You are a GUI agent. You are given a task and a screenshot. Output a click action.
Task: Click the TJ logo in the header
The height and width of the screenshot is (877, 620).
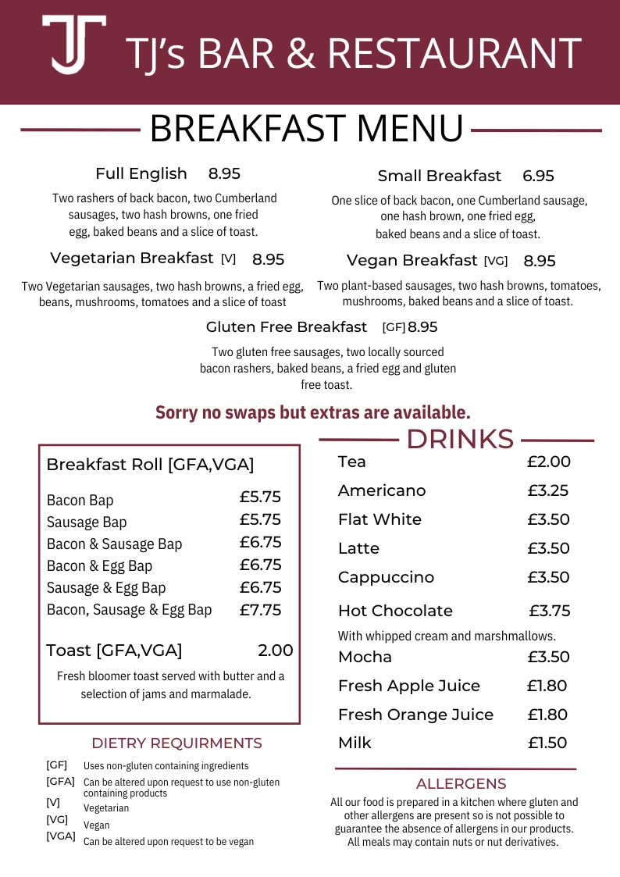pos(74,45)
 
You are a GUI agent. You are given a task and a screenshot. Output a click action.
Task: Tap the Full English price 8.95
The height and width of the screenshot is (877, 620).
pos(224,173)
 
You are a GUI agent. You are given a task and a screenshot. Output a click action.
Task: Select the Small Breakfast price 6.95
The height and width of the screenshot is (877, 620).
pos(538,176)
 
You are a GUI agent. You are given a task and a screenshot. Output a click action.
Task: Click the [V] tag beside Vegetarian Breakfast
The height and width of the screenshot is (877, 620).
pos(228,259)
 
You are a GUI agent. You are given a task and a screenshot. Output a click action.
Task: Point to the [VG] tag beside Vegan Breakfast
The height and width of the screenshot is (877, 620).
pos(495,261)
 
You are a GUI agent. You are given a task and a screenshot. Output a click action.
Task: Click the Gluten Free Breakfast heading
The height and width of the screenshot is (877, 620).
pos(286,327)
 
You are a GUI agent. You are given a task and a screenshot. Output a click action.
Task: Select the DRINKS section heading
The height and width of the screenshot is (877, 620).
pos(459,440)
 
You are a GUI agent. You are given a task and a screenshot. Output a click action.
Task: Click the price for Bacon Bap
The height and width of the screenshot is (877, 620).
pos(260,497)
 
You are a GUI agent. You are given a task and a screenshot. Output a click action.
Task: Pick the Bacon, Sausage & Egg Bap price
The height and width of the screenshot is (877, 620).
pos(260,610)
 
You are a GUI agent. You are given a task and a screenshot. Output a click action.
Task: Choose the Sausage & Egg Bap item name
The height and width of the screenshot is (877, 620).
pos(106,588)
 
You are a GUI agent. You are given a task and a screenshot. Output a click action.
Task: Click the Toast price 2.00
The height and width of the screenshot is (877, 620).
pos(275,651)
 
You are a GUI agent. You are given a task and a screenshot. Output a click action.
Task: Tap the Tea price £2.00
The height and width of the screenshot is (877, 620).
pos(548,462)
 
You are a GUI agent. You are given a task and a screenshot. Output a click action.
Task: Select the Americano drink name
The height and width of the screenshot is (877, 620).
pos(382,490)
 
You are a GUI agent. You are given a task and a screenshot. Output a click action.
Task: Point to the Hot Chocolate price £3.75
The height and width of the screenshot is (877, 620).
pos(550,611)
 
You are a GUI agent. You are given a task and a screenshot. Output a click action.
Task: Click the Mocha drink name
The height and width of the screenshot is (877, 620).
pos(365,657)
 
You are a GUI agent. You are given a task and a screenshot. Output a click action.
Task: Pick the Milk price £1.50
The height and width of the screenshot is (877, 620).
pos(547,743)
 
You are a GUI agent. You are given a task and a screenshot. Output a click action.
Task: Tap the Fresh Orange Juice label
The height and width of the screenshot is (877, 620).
pos(415,715)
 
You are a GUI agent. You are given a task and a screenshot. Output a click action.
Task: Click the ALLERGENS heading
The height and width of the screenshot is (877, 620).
pos(461,784)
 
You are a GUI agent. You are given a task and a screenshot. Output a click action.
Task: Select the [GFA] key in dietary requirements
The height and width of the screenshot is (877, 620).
pos(60,781)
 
